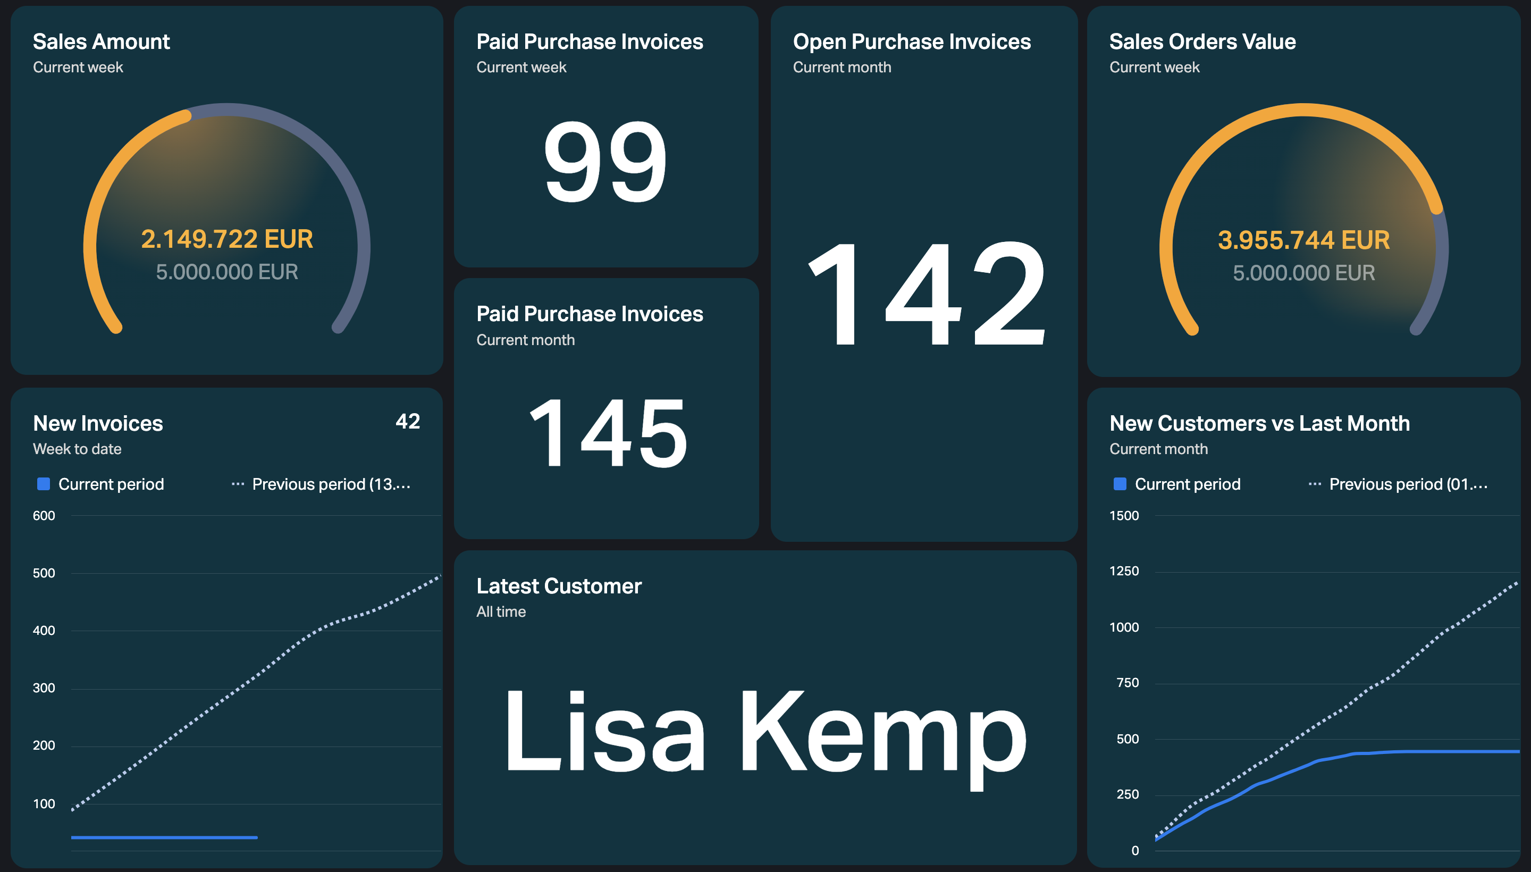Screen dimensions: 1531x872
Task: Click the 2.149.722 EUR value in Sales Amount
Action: tap(227, 239)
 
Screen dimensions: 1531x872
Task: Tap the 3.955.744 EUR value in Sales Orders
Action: tap(1303, 240)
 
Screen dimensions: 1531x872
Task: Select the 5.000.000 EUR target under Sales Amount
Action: tap(227, 272)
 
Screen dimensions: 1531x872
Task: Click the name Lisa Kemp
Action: tap(764, 732)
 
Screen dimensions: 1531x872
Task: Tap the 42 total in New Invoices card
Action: tap(408, 422)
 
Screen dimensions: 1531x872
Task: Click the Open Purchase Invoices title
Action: tap(911, 42)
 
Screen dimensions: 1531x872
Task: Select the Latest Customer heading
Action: tap(559, 586)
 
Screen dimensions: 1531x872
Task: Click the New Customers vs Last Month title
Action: tap(1259, 423)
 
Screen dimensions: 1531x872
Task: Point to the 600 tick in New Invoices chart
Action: tap(44, 516)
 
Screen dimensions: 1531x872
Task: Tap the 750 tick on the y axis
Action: tap(1128, 683)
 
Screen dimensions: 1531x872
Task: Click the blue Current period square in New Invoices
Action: tap(44, 484)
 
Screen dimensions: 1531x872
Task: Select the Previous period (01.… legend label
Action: tap(1408, 484)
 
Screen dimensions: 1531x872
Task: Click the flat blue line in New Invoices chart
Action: tap(164, 837)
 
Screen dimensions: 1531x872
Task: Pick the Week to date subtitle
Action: tap(77, 449)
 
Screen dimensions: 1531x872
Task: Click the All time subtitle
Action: tap(501, 611)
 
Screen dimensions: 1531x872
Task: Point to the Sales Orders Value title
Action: tap(1202, 42)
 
